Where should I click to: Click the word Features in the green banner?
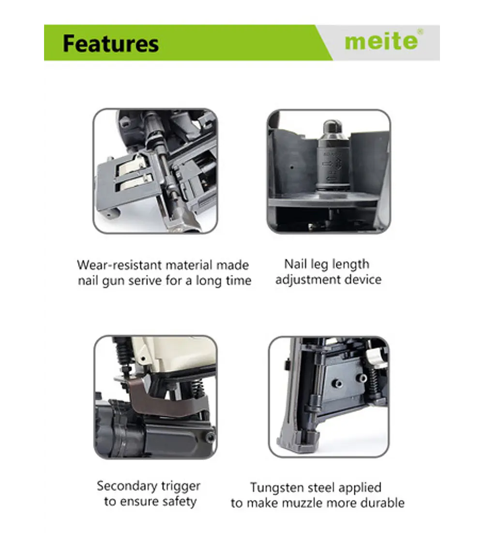coord(111,44)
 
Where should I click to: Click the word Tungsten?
coord(277,488)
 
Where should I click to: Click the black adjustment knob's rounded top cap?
coord(332,127)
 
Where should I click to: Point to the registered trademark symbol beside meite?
coord(420,31)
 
